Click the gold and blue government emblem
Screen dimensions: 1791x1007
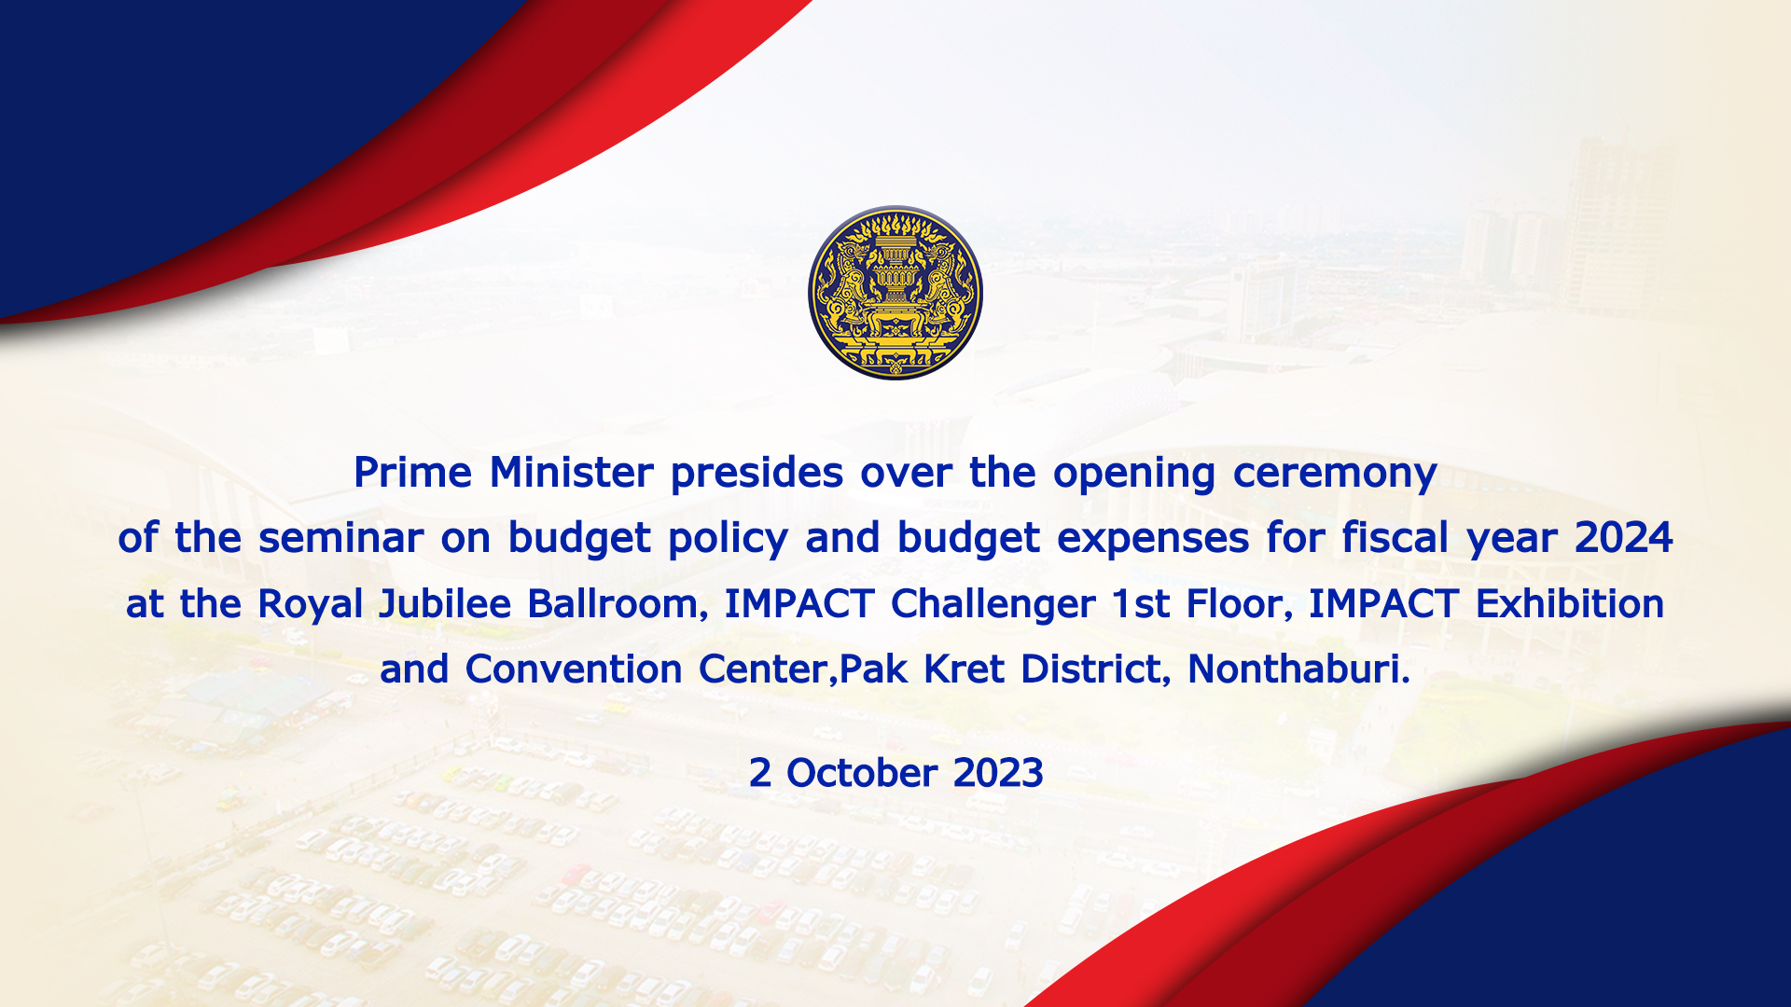coord(895,293)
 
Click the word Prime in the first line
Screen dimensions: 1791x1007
coord(412,473)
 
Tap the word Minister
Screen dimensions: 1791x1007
coord(571,473)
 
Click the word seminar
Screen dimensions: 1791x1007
coord(341,539)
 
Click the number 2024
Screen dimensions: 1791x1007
coord(1624,538)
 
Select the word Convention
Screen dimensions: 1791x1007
coord(574,669)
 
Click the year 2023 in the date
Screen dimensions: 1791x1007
coord(998,773)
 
